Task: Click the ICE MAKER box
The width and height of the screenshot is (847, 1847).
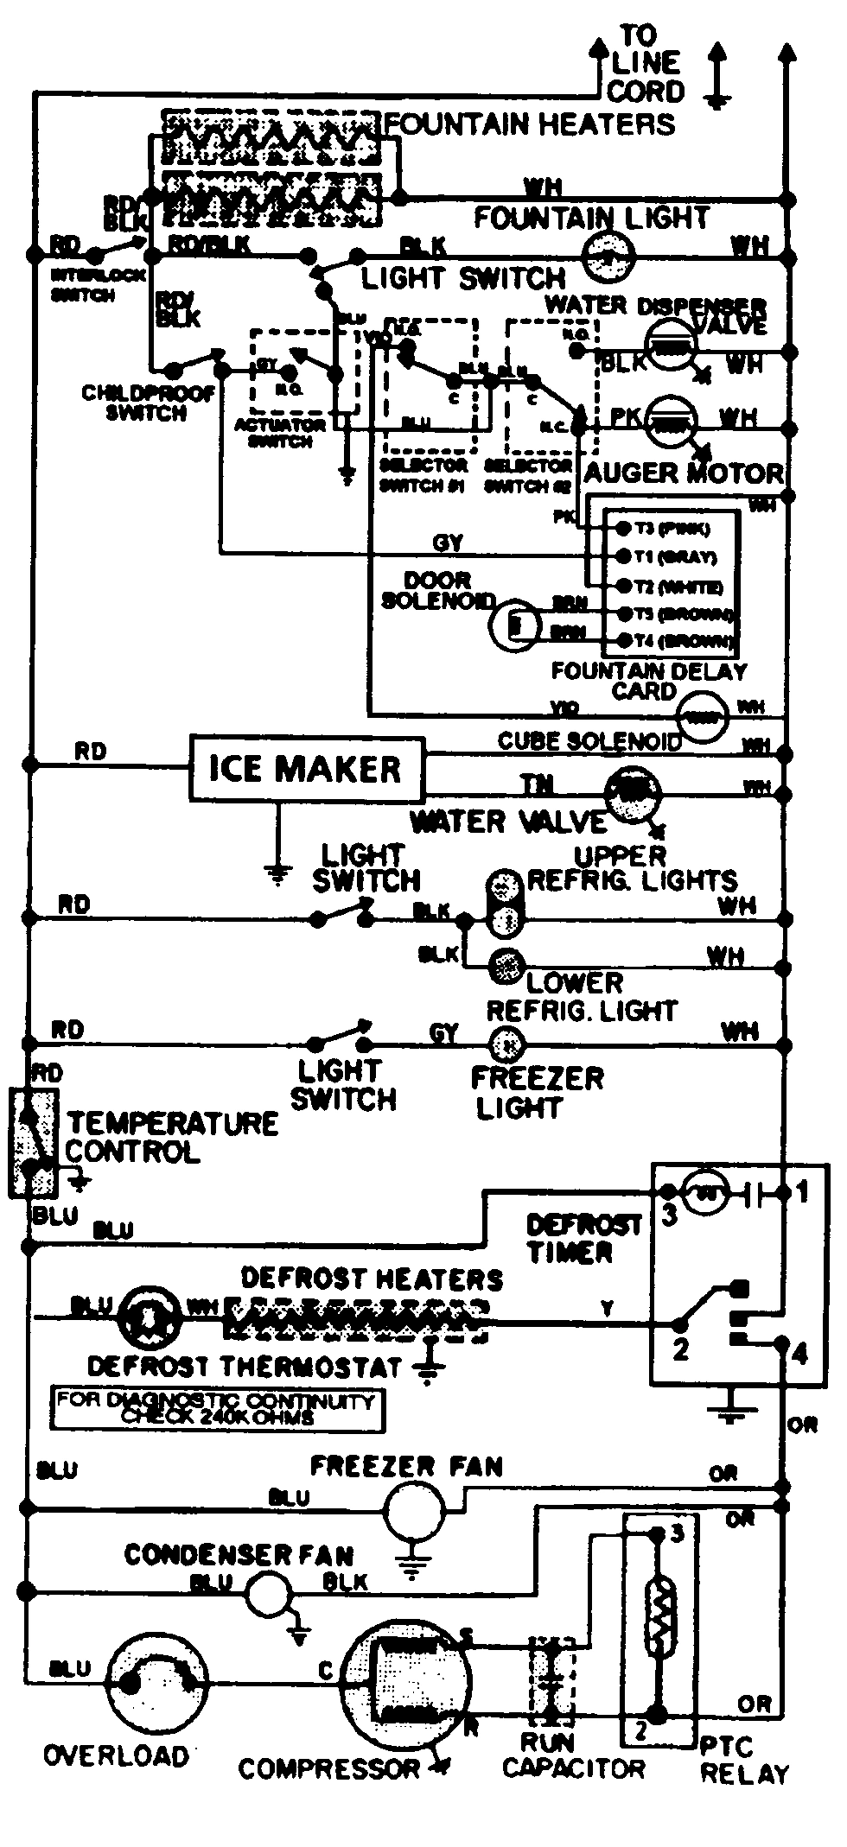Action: (307, 768)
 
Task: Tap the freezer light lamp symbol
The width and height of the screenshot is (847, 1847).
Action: (506, 1045)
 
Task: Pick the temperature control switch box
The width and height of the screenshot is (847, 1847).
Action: (33, 1142)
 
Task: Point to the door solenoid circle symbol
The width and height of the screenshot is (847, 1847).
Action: (515, 621)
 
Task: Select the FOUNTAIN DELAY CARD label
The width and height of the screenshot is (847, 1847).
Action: (648, 681)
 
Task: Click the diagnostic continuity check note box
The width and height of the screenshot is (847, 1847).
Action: (218, 1409)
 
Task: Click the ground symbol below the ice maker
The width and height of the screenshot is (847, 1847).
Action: (277, 874)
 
